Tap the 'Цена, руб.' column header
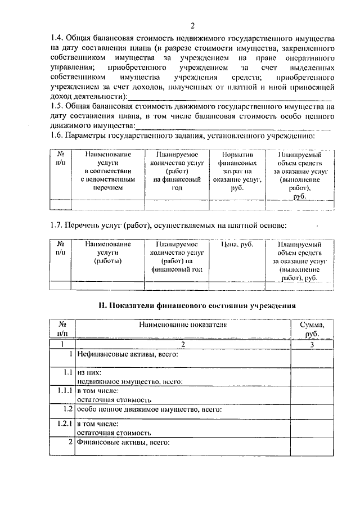235,245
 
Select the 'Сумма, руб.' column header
311,329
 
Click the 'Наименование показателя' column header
183,325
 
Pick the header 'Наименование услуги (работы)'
107,253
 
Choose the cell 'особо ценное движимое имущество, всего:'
149,409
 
